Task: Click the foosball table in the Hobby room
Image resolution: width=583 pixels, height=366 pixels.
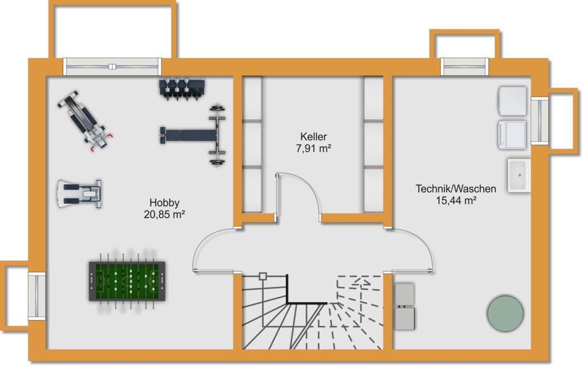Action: click(x=124, y=281)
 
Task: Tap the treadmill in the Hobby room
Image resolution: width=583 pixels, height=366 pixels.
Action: click(x=79, y=194)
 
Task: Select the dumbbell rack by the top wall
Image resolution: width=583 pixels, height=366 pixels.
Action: click(x=182, y=88)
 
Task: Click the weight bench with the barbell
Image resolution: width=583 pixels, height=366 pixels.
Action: click(x=194, y=135)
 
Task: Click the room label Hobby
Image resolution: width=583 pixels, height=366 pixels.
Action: click(x=165, y=202)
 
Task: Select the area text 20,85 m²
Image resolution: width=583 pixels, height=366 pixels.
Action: click(x=165, y=215)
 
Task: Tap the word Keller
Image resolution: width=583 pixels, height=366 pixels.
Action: click(x=314, y=137)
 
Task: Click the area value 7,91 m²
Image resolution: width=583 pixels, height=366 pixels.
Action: click(x=314, y=149)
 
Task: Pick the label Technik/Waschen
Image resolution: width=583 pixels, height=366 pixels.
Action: click(x=455, y=188)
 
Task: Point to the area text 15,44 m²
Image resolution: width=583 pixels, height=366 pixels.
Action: click(x=455, y=200)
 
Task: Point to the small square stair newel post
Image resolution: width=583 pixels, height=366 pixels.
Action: click(x=262, y=277)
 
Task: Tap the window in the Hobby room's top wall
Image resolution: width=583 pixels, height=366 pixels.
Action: click(x=112, y=67)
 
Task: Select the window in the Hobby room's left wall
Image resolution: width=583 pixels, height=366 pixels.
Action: click(x=37, y=296)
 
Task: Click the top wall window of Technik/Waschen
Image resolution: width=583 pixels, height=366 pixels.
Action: click(x=465, y=67)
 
